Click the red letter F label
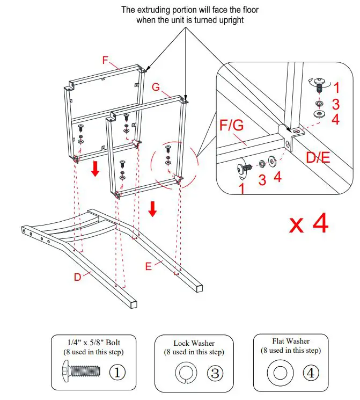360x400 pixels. (x=106, y=60)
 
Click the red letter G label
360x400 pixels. (x=156, y=86)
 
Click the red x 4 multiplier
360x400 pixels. (x=308, y=224)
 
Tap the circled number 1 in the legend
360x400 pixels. (x=117, y=372)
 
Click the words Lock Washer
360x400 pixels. (x=194, y=343)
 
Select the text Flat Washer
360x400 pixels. (x=291, y=341)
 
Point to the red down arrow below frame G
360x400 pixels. (x=152, y=208)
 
